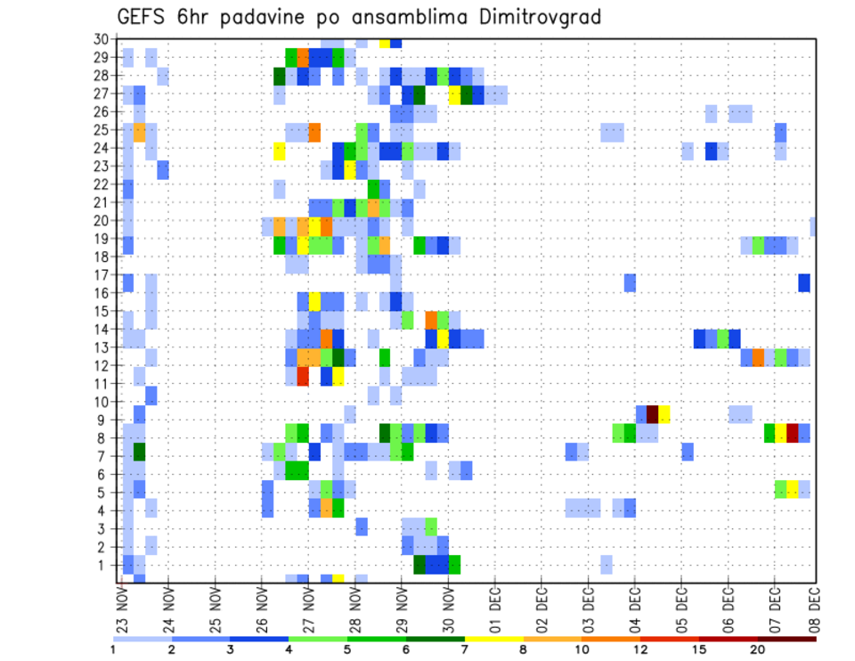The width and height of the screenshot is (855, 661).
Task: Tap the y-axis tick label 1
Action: (102, 564)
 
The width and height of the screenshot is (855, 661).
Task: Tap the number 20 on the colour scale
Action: (757, 649)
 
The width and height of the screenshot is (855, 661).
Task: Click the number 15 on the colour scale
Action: (699, 649)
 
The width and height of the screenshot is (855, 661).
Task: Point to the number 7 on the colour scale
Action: (465, 649)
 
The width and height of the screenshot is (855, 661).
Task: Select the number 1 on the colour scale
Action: (113, 649)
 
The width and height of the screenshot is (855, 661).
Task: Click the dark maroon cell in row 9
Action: (652, 414)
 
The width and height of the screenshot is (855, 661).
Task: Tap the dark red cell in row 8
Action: (792, 433)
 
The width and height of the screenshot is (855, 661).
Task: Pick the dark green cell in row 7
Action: (139, 452)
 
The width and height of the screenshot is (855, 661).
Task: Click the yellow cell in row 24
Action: (280, 151)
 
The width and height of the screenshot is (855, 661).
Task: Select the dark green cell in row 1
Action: (419, 565)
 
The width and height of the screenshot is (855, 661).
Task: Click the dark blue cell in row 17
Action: (804, 282)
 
